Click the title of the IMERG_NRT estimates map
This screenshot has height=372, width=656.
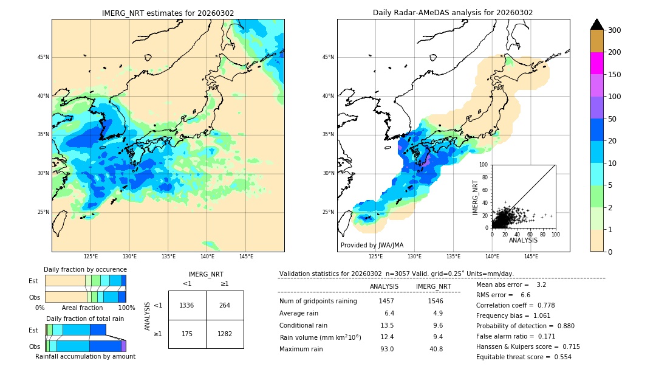click(x=168, y=13)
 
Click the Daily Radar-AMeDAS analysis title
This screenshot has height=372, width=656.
click(x=453, y=13)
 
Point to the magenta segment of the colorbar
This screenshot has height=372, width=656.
click(x=597, y=63)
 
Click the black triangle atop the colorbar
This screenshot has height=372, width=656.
click(x=597, y=24)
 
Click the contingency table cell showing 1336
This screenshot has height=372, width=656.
click(x=187, y=305)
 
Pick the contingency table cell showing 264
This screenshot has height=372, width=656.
click(x=225, y=305)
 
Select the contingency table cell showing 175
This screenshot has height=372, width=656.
click(x=187, y=334)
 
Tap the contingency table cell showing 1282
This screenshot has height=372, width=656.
click(x=225, y=334)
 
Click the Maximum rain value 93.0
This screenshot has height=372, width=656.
click(x=387, y=349)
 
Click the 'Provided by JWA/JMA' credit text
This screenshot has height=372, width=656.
click(x=372, y=245)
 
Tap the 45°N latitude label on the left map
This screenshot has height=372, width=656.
click(x=43, y=57)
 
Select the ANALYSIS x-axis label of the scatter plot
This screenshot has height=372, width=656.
click(x=523, y=240)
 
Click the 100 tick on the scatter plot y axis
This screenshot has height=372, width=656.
click(x=484, y=165)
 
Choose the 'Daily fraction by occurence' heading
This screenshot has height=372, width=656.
click(x=85, y=269)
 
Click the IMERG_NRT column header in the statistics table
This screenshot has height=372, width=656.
click(x=433, y=286)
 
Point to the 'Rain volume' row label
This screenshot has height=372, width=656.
click(x=320, y=337)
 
